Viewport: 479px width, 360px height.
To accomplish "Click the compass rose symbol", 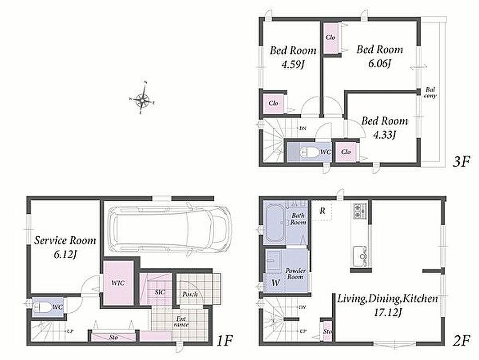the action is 142,98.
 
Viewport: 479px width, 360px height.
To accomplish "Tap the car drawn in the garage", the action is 170,229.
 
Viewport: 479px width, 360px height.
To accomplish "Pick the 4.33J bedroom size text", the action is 384,135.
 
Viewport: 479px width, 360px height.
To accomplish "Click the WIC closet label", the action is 117,283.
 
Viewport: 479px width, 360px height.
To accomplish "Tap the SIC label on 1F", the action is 160,292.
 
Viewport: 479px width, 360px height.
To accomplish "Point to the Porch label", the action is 190,294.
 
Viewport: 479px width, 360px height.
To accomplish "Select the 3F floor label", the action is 461,162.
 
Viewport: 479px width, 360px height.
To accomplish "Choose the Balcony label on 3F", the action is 430,93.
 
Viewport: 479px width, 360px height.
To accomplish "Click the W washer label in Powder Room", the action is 276,283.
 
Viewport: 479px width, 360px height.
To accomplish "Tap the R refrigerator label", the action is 322,211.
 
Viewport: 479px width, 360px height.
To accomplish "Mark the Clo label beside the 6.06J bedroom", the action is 330,37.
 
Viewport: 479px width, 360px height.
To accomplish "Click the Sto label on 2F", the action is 327,331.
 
